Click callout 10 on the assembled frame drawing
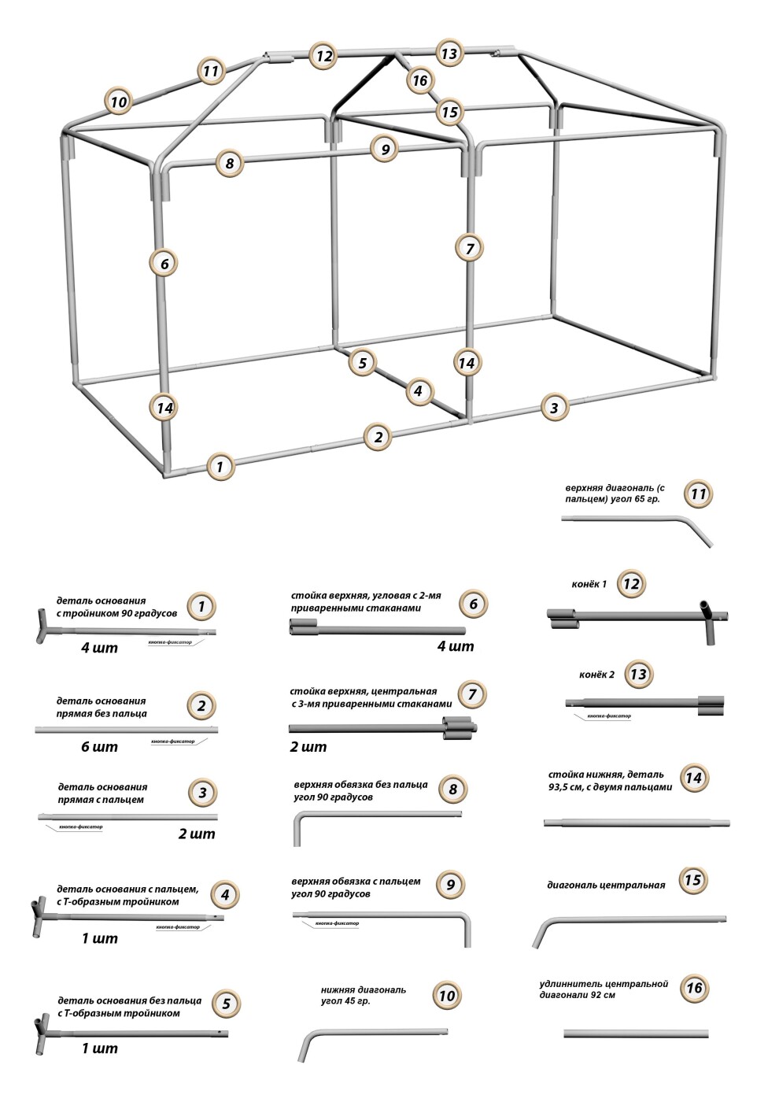[x=118, y=102]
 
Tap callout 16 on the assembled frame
[x=420, y=80]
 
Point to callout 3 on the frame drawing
[x=554, y=408]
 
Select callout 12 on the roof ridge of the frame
[x=323, y=56]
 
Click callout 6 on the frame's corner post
[x=164, y=263]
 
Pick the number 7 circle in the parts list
[x=472, y=694]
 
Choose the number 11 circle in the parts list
[x=698, y=494]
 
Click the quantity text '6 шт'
[x=99, y=746]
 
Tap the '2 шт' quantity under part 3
[x=196, y=834]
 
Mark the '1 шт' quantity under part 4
[x=99, y=938]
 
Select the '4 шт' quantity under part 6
[x=456, y=646]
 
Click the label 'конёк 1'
[x=589, y=585]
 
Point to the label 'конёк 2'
[x=597, y=675]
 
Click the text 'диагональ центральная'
[x=606, y=885]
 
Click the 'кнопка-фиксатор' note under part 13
[x=609, y=716]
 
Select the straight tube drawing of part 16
[x=636, y=1034]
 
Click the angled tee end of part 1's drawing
[x=43, y=627]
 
